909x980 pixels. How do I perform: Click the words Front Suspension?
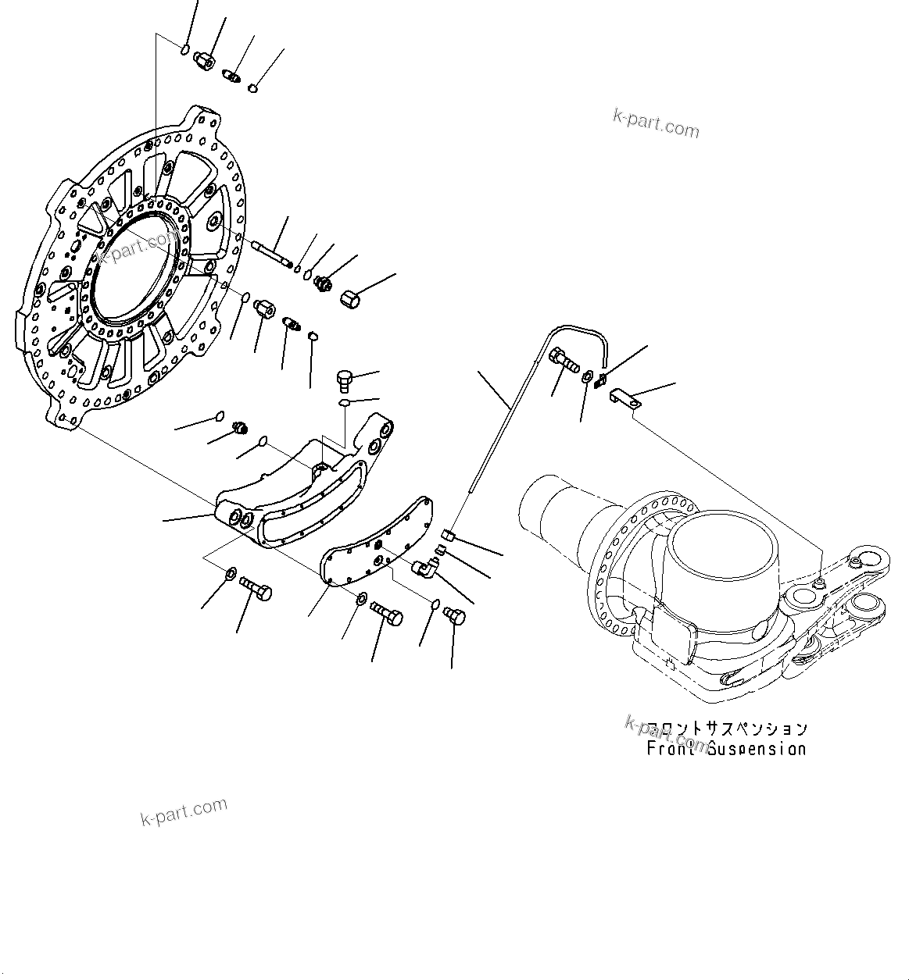click(x=726, y=749)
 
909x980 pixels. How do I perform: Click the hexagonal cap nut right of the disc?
click(x=351, y=298)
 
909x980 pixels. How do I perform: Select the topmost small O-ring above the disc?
click(x=184, y=51)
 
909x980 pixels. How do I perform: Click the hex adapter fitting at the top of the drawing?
click(x=205, y=59)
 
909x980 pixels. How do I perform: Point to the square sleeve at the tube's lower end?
click(x=449, y=536)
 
